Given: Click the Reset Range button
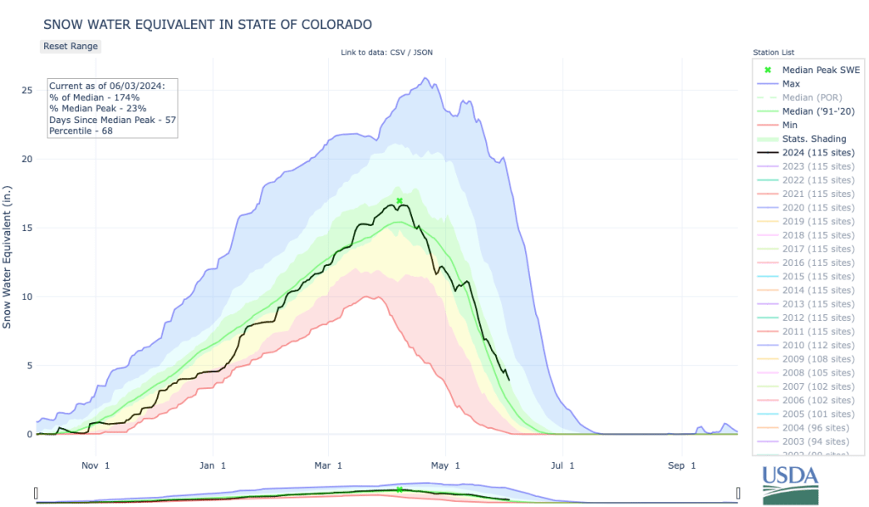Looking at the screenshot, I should (71, 46).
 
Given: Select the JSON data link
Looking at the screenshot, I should (424, 53).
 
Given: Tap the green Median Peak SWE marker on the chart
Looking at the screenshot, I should (399, 200).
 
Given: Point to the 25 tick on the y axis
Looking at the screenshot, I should (27, 90).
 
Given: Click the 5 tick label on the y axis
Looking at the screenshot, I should (30, 366).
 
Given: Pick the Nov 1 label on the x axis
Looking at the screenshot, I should (96, 465).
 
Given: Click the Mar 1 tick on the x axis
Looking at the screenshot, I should (328, 465).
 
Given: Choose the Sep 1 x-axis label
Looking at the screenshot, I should (676, 465).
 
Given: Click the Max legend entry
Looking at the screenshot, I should (791, 83).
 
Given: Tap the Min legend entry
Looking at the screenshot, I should (790, 125).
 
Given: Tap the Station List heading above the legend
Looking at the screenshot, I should (773, 53).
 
